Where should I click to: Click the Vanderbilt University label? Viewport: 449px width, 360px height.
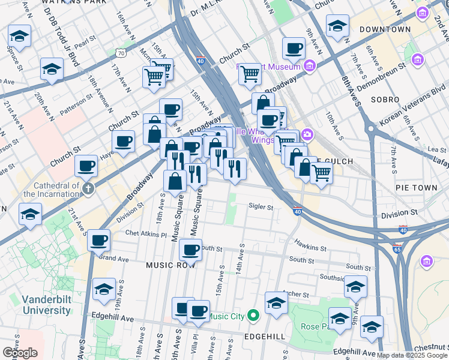click(46, 305)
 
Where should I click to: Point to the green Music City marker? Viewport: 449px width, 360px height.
click(253, 315)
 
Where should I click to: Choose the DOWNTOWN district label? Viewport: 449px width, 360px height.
click(386, 29)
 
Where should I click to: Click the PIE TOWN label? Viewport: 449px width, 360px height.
click(417, 188)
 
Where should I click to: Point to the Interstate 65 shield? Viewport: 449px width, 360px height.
click(398, 247)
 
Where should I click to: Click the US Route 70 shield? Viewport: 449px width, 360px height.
click(121, 53)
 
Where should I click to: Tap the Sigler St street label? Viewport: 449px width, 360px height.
click(261, 208)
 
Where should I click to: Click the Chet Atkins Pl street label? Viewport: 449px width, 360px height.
click(146, 233)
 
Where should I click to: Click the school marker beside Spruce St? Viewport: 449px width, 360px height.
click(20, 37)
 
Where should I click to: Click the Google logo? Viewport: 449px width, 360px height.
click(20, 353)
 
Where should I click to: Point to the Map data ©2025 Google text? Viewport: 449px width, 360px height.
click(412, 355)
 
